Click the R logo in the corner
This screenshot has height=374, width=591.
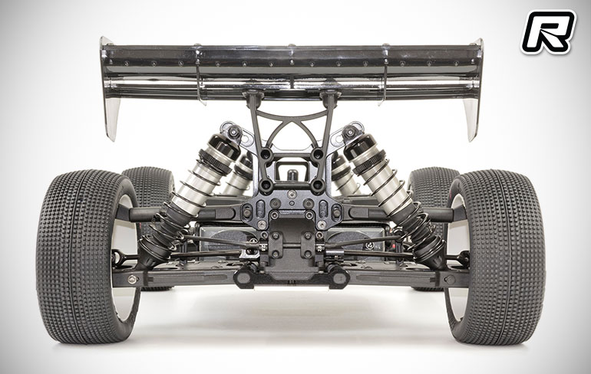click(x=548, y=32)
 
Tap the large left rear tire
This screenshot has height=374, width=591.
click(x=87, y=256)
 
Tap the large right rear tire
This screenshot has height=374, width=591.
click(x=496, y=258)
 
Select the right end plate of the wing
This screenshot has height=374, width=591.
click(x=474, y=90)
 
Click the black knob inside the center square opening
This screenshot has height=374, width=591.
click(x=292, y=175)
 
